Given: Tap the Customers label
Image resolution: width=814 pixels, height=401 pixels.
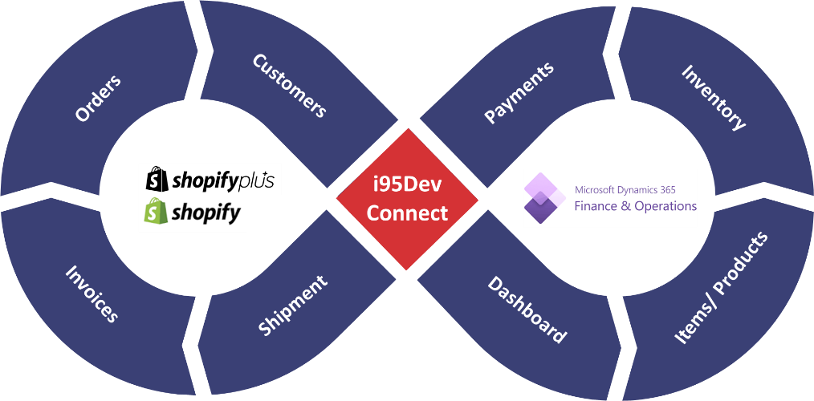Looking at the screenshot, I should [x=289, y=86].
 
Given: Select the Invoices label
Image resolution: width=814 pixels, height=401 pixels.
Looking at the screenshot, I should [x=92, y=294].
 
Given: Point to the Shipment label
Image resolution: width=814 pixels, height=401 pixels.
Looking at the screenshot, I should [x=293, y=306].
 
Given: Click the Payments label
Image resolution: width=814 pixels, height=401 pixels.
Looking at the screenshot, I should [x=519, y=93].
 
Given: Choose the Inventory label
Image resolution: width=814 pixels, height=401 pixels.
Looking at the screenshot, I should [x=713, y=97].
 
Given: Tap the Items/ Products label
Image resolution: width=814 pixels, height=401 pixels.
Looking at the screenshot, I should [x=721, y=288].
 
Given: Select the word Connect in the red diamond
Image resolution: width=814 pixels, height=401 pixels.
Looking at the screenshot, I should [x=407, y=213].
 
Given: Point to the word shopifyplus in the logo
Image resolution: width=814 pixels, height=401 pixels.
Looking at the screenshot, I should [x=223, y=181].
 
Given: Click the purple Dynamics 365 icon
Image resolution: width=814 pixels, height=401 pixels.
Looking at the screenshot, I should [x=544, y=199].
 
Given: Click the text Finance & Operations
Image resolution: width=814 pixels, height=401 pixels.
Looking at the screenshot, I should [x=636, y=206].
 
